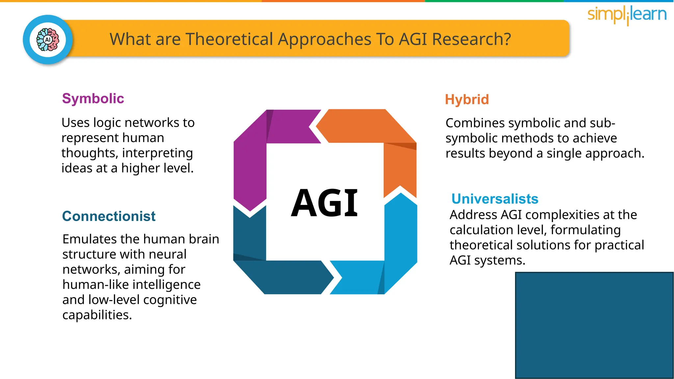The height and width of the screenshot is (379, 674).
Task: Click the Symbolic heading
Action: (x=93, y=99)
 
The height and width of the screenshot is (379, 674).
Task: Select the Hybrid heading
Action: (x=467, y=100)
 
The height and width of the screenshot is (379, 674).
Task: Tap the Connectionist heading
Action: (x=109, y=216)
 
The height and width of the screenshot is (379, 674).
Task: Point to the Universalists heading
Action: (x=495, y=199)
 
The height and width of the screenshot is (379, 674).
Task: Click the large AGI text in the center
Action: (x=324, y=203)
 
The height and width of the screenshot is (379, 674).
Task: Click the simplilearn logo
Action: (x=627, y=15)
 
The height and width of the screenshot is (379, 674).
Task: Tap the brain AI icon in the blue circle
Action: (x=48, y=40)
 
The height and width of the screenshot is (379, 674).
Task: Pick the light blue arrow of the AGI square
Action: (x=400, y=250)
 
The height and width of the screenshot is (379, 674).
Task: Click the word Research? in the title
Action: (x=471, y=39)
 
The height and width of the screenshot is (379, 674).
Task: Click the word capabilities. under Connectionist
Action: (x=97, y=315)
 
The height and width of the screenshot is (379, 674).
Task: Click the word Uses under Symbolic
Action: (x=75, y=123)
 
